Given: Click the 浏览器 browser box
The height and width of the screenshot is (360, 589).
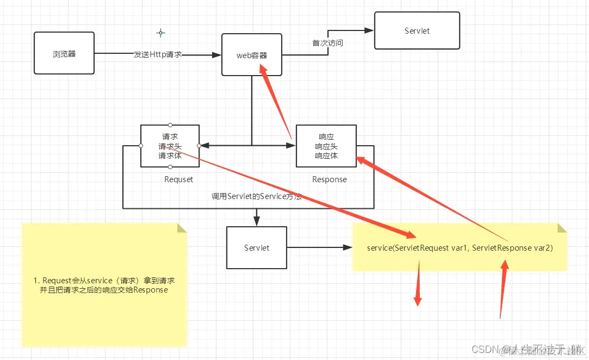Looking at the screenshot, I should pyautogui.click(x=64, y=53).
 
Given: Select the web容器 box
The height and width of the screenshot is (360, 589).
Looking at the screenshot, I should pyautogui.click(x=252, y=54).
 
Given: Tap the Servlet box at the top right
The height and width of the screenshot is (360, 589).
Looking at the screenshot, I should pyautogui.click(x=417, y=31).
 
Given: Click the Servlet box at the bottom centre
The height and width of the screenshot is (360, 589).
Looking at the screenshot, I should pyautogui.click(x=257, y=248).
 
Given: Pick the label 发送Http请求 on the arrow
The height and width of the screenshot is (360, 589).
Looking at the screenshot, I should pyautogui.click(x=158, y=55).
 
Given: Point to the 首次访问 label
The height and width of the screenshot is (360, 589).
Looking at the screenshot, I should pyautogui.click(x=327, y=43).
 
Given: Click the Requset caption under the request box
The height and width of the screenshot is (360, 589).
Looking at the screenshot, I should pyautogui.click(x=178, y=179).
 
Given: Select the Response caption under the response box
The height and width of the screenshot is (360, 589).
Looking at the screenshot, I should pyautogui.click(x=329, y=179).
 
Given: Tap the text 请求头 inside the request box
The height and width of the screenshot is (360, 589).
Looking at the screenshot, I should pyautogui.click(x=170, y=146).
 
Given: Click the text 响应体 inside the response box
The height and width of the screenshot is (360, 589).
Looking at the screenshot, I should pyautogui.click(x=326, y=156).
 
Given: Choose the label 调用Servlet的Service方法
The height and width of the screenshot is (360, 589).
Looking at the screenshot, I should pyautogui.click(x=257, y=196).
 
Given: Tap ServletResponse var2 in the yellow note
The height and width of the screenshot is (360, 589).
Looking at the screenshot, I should pyautogui.click(x=512, y=248).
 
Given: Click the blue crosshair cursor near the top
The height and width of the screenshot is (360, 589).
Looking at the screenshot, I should pyautogui.click(x=160, y=33).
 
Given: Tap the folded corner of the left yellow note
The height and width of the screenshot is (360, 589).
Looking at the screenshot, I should pyautogui.click(x=182, y=227).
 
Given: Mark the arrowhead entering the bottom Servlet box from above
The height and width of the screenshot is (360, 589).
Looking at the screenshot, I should pyautogui.click(x=257, y=220).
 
